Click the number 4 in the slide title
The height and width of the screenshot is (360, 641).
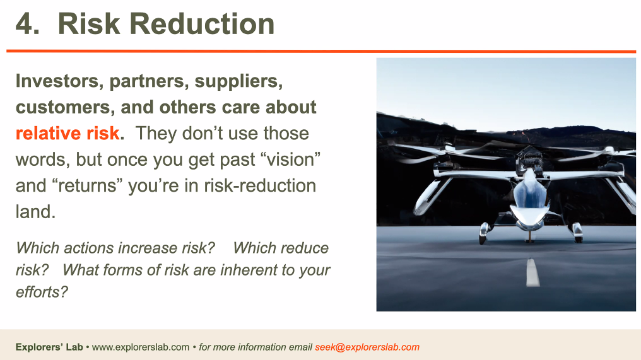click(24, 24)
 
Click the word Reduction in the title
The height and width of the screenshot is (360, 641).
click(202, 24)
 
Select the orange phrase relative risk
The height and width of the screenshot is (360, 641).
click(68, 133)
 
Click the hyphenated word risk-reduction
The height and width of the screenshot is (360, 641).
click(260, 185)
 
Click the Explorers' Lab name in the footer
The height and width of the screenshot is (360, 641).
click(49, 347)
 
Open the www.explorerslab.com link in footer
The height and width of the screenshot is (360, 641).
click(141, 347)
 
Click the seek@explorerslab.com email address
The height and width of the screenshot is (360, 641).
click(367, 347)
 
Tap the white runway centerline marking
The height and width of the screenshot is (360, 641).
click(532, 272)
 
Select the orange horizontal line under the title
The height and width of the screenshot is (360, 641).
click(321, 51)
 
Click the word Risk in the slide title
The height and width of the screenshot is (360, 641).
click(89, 24)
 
